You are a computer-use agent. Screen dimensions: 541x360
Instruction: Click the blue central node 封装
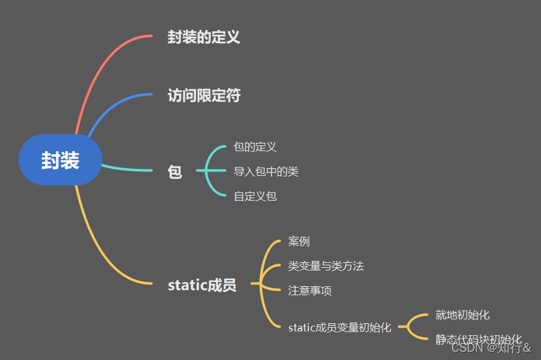[x=60, y=160]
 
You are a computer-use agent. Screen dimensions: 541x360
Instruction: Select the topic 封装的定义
[x=204, y=37]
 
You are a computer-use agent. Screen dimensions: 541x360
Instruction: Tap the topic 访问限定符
[x=204, y=95]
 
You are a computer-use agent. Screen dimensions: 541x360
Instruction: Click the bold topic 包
[x=175, y=171]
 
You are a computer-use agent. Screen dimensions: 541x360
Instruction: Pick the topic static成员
[x=202, y=285]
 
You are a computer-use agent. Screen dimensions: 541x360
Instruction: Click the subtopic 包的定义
[x=255, y=147]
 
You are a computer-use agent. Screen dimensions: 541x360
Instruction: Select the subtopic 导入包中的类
[x=265, y=171]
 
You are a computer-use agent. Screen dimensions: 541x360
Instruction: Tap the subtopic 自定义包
[x=255, y=196]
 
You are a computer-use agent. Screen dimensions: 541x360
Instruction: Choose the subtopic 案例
[x=298, y=242]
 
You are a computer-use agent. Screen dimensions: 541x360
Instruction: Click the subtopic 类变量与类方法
[x=326, y=266]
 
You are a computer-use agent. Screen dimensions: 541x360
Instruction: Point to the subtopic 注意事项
[x=309, y=291]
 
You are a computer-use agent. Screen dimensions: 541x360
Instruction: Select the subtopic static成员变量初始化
[x=339, y=328]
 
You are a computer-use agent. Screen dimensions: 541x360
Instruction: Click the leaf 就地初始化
[x=462, y=315]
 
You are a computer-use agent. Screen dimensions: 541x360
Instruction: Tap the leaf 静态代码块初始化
[x=478, y=340]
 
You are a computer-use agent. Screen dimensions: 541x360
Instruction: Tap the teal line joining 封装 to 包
[x=127, y=170]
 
